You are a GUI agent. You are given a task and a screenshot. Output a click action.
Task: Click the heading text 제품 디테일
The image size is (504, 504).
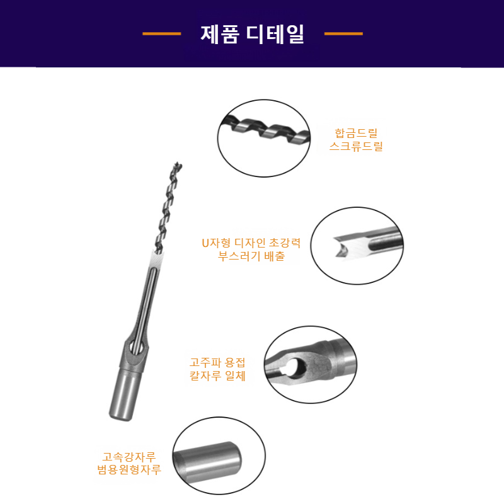[x=252, y=34]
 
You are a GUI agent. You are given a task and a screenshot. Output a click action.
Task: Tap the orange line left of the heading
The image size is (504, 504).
[x=162, y=34]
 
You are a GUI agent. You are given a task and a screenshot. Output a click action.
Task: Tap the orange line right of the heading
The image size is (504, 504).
[x=343, y=34]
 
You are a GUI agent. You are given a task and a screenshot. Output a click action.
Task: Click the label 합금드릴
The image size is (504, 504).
[x=356, y=133]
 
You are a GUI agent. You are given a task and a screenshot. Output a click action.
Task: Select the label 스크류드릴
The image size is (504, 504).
[x=356, y=147]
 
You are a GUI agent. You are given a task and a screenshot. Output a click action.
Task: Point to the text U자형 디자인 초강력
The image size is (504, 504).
[x=250, y=243]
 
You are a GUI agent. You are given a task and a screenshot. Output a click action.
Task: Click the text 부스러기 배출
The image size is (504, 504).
[x=250, y=256]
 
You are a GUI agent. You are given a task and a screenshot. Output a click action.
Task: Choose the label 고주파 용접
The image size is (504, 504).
[x=217, y=363]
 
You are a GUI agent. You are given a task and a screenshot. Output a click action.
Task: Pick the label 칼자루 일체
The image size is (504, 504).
[x=217, y=377]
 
